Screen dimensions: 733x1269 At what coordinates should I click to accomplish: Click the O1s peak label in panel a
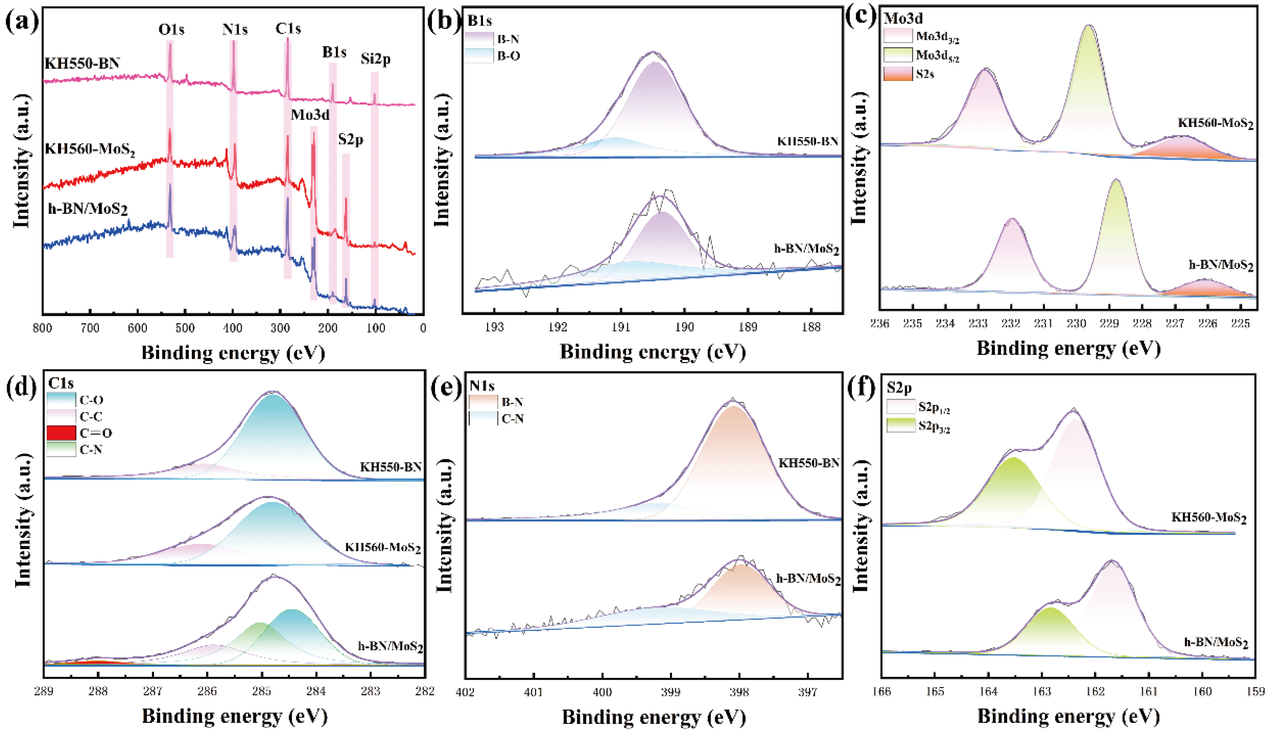point(171,30)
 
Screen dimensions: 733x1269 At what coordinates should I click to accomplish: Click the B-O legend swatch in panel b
point(478,56)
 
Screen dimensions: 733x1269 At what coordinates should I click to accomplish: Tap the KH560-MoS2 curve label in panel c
point(1215,124)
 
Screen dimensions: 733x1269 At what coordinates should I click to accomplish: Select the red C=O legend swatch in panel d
point(61,433)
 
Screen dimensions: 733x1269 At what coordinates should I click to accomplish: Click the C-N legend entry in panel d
point(91,449)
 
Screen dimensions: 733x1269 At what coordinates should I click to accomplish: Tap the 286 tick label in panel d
point(207,691)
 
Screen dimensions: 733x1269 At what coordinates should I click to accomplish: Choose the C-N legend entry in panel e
point(513,419)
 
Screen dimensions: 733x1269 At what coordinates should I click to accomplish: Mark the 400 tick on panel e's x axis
point(602,692)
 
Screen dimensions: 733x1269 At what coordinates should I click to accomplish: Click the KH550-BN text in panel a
point(82,63)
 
